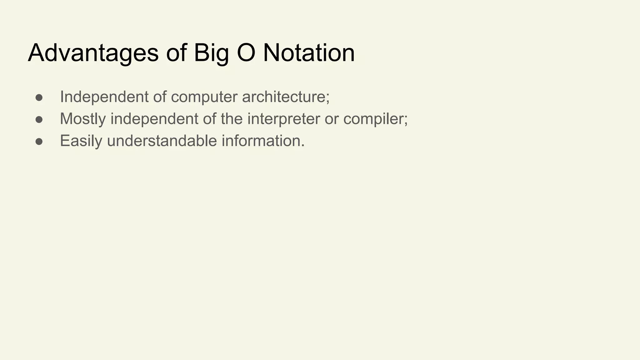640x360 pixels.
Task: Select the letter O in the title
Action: pyautogui.click(x=247, y=52)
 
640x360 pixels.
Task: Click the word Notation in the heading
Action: pyautogui.click(x=309, y=52)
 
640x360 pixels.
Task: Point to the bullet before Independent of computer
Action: pyautogui.click(x=39, y=97)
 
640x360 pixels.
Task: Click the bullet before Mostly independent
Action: pyautogui.click(x=39, y=119)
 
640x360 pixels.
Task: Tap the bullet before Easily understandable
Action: pyautogui.click(x=39, y=141)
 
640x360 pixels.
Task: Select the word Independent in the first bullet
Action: pyautogui.click(x=104, y=97)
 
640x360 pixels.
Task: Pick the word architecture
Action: pyautogui.click(x=285, y=97)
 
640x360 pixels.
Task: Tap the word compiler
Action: pyautogui.click(x=375, y=119)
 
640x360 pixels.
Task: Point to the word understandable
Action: pyautogui.click(x=162, y=141)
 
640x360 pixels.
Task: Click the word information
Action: pyautogui.click(x=262, y=141)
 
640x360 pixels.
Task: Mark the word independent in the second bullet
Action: pyautogui.click(x=154, y=119)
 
